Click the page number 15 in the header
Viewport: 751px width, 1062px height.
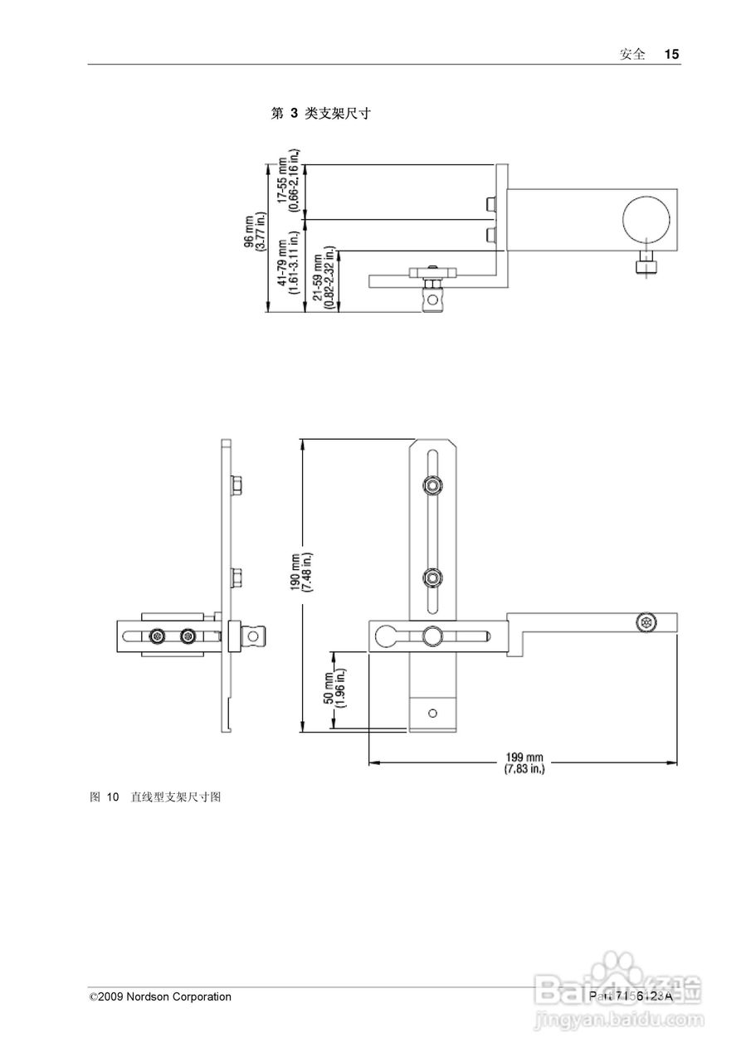pyautogui.click(x=671, y=54)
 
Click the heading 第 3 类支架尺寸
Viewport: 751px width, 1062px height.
pyautogui.click(x=320, y=114)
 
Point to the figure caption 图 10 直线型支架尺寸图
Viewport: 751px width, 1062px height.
pyautogui.click(x=154, y=797)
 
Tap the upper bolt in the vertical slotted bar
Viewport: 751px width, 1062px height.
pyautogui.click(x=432, y=485)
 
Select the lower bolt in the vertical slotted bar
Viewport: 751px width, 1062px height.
pyautogui.click(x=432, y=577)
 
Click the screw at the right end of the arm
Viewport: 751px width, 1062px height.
pyautogui.click(x=646, y=621)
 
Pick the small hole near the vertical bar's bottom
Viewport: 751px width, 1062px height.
pyautogui.click(x=432, y=712)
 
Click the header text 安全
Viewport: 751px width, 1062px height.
pyautogui.click(x=632, y=54)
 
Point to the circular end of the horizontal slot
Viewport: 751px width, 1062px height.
pyautogui.click(x=384, y=637)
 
